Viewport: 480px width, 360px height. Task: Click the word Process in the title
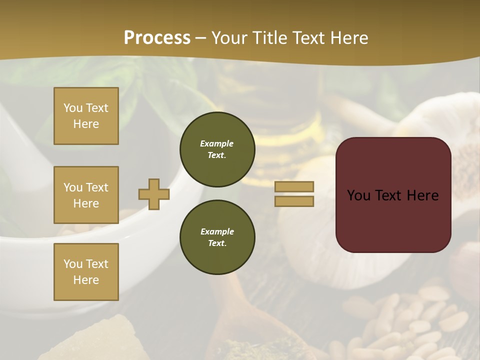coord(157,37)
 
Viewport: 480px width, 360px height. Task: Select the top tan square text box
coord(86,116)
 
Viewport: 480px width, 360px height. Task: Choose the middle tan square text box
coord(86,195)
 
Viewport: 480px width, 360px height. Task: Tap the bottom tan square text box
coord(86,271)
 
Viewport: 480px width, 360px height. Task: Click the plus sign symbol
coord(154,194)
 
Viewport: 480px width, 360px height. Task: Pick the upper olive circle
coord(217,149)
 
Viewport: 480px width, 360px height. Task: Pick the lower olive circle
coord(217,237)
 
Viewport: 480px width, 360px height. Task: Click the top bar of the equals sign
coord(294,186)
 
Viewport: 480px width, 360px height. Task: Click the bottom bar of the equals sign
coord(294,201)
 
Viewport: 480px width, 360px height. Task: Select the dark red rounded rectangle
coord(393,220)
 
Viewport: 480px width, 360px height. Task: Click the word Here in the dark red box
coord(422,195)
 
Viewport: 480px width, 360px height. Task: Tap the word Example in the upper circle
coord(216,143)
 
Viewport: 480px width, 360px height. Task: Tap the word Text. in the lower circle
coord(216,243)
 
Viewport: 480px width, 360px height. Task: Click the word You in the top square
coord(73,108)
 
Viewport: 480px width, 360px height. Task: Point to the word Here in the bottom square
coord(86,280)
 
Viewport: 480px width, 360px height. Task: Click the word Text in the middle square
coord(97,187)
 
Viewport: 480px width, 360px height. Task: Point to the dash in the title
coord(200,38)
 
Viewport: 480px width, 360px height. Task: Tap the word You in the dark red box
coord(358,195)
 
